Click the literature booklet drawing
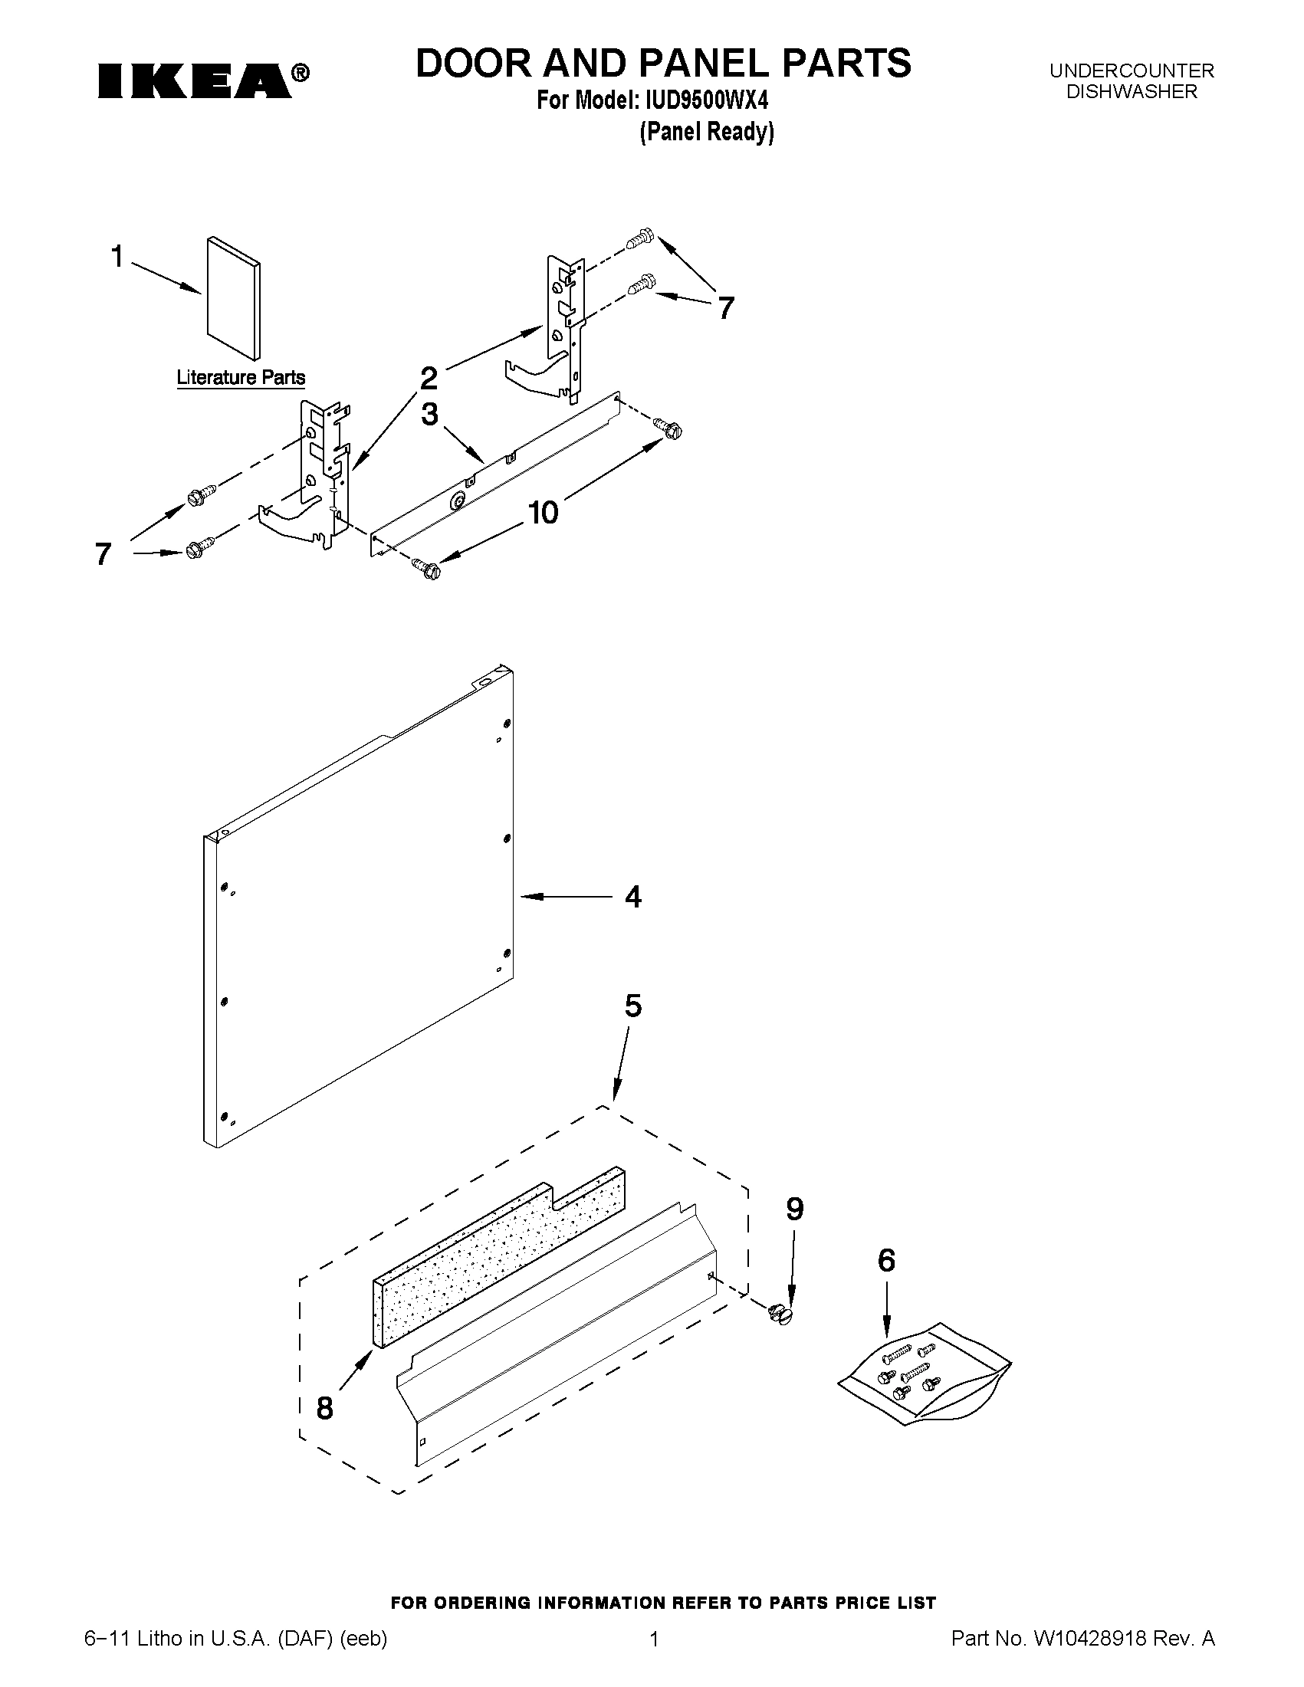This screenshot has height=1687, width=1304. coord(233,298)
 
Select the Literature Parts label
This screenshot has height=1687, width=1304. coord(240,378)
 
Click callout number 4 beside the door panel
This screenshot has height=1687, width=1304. coord(632,897)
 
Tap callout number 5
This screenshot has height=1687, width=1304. coord(632,1006)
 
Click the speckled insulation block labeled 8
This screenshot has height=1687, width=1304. coord(499,1255)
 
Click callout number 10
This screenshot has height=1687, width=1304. coord(543,512)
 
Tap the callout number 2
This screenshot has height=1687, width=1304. coord(429,379)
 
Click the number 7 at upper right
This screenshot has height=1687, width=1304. coord(725,308)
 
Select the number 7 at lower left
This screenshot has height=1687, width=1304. coord(103,554)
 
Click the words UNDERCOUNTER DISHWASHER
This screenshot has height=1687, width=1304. coord(1131,81)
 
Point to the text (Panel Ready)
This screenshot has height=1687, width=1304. coord(706,132)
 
